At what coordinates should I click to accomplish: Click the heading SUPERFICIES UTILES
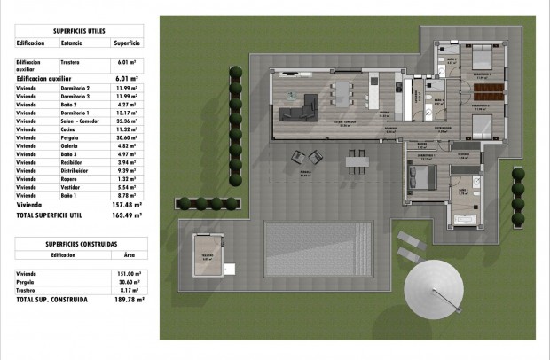[x=80, y=27]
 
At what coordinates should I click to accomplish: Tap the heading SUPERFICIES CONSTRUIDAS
[x=80, y=243]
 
